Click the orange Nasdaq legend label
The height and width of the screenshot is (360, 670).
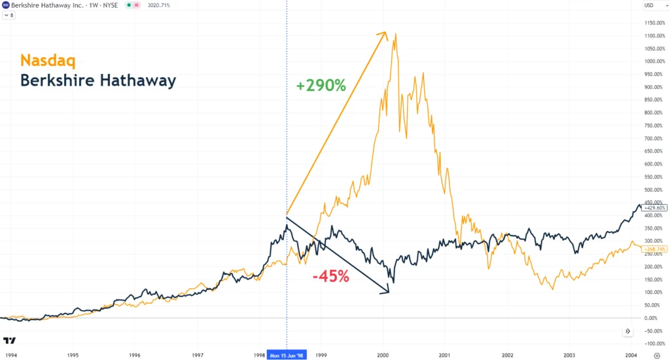click(48, 61)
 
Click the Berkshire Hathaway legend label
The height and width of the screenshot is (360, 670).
click(98, 81)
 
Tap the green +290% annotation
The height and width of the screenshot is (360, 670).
click(321, 85)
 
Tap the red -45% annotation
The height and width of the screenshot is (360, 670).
click(330, 276)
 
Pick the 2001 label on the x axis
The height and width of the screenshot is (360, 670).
click(445, 355)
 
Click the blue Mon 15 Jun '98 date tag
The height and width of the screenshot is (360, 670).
click(287, 355)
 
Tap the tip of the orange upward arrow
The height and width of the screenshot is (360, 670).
click(386, 32)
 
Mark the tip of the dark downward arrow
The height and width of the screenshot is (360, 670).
click(389, 292)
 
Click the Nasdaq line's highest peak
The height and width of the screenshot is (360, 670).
click(396, 34)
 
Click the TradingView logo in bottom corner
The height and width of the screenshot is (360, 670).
click(10, 341)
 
